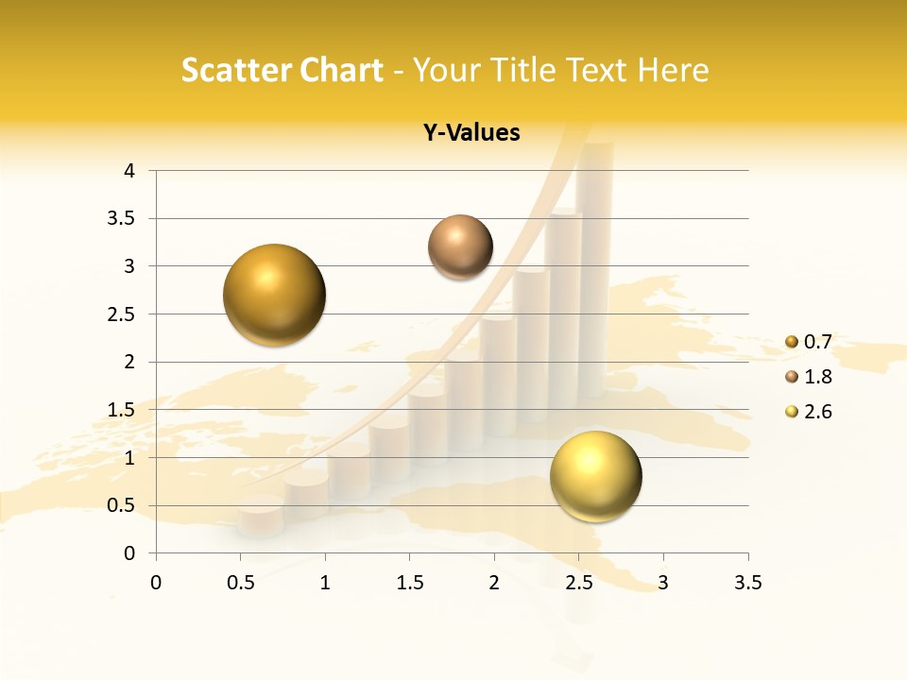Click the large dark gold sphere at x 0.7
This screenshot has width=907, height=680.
point(275,295)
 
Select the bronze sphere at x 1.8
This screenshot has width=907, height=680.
point(460,247)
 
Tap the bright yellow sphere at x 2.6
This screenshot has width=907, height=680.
point(595,476)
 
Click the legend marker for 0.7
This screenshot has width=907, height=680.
point(792,342)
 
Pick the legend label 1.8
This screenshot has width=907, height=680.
point(817,377)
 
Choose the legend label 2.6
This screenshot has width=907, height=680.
point(817,412)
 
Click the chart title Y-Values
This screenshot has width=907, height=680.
point(471,133)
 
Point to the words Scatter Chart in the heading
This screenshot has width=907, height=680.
point(282,70)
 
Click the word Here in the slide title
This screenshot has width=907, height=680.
point(673,70)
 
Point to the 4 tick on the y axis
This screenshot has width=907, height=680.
point(129,171)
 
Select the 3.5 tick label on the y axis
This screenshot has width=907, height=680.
point(122,218)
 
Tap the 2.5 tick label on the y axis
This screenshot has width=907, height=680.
point(122,314)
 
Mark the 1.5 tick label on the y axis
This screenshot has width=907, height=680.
point(122,410)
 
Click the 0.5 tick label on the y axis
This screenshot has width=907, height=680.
point(122,505)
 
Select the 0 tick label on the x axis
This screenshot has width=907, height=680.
point(156,583)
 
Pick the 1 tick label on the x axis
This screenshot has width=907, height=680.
point(325,583)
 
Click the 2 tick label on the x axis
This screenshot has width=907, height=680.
point(494,583)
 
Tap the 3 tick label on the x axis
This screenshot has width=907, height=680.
point(663,583)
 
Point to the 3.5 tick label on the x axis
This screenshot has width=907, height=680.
point(747,583)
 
